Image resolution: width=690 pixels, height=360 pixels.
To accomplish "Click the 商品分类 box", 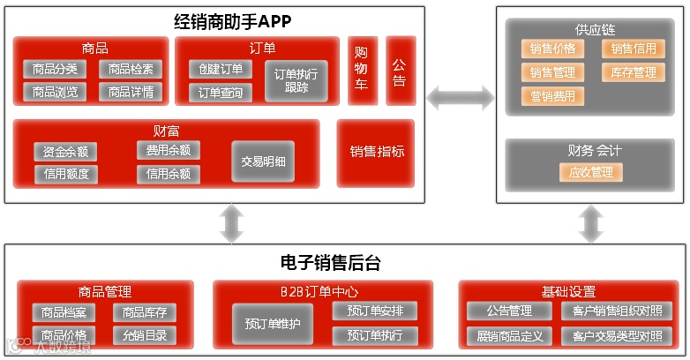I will pos(55,69).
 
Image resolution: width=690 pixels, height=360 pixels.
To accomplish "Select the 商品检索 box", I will pos(131,69).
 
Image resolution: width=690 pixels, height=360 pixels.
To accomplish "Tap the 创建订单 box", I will pos(221,69).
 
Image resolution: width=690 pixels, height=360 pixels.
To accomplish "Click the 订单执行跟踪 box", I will pos(296,80).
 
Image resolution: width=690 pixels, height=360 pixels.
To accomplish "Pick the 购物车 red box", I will pos(361,70).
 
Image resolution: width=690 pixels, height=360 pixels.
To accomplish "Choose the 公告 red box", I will pos(400,70).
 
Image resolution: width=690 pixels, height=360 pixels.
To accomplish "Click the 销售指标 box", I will pos(377,152).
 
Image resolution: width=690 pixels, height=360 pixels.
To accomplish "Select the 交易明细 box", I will pos(263,161).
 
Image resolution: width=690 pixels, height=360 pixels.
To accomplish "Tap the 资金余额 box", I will pos(65,152).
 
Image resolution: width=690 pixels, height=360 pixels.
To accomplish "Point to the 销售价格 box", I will pos(552,49).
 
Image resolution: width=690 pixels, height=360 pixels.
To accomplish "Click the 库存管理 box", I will pos(633,72).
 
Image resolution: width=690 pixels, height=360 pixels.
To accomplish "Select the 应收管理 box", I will pos(590,172).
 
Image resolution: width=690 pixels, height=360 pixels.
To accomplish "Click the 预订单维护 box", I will pos(273,323).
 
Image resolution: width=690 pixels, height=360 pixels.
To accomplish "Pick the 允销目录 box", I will pos(145,335).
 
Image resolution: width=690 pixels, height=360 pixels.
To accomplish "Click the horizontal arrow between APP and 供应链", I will pos(461,98).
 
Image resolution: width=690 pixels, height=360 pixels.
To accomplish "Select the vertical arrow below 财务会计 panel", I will pos(590,224).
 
